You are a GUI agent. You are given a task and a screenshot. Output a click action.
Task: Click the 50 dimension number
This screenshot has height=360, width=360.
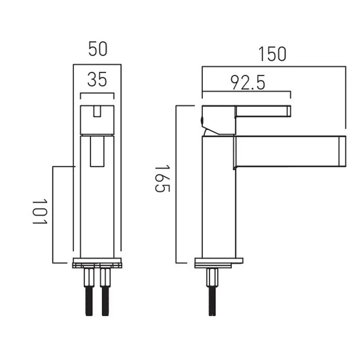98,48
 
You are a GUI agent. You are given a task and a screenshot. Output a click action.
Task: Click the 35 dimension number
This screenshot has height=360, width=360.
97,79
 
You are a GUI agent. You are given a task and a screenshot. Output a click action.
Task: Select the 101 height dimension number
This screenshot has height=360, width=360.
39,211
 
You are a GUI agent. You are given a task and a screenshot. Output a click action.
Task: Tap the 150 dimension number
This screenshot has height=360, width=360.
272,54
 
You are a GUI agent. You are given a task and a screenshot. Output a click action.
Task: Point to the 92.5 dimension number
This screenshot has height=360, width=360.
247,82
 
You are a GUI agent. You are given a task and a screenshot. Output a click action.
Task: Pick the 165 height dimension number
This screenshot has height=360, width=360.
162,178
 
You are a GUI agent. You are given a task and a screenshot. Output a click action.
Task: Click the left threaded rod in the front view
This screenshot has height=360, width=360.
89,301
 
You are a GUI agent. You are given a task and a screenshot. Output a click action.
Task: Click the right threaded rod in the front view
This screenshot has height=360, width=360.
105,301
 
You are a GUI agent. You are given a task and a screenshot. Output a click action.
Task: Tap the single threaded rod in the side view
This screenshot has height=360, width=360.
212,301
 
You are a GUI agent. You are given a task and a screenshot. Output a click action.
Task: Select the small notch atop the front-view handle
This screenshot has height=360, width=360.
97,111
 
